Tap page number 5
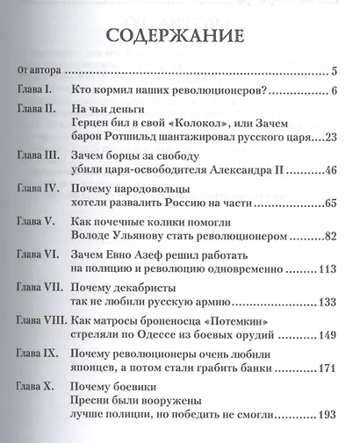(336, 71)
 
